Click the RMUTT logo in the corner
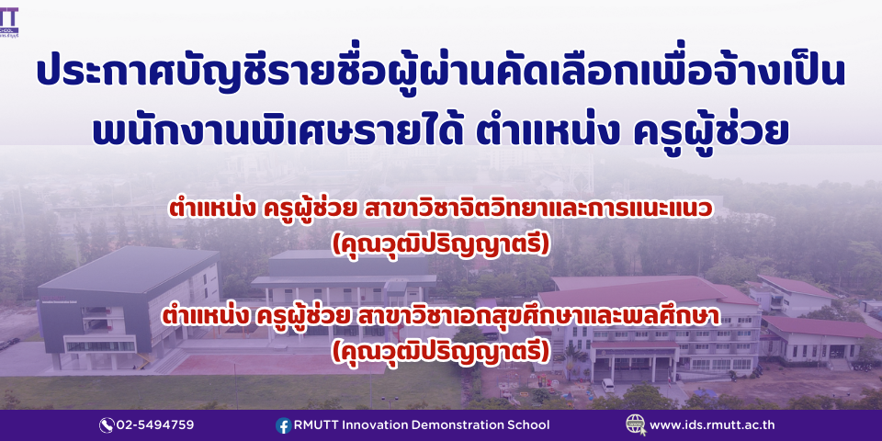(9, 21)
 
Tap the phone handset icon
(107, 425)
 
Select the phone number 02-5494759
(154, 425)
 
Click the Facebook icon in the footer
(284, 425)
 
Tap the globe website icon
(636, 424)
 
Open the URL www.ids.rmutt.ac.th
(712, 425)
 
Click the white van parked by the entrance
(608, 385)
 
